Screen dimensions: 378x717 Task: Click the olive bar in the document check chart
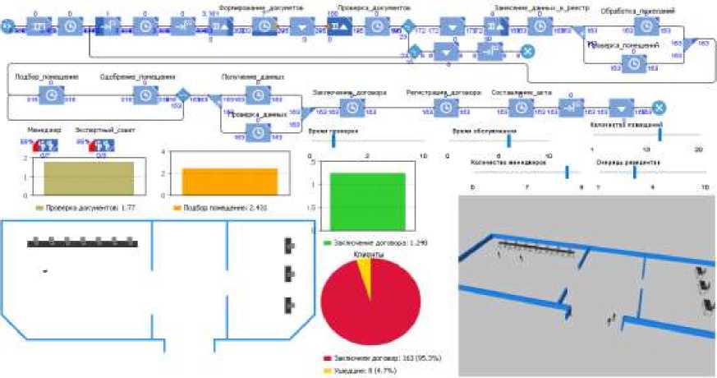tap(82, 176)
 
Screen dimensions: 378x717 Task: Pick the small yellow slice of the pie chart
tap(365, 270)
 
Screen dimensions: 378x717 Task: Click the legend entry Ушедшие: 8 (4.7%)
tap(366, 371)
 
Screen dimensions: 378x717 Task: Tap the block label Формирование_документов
tap(261, 7)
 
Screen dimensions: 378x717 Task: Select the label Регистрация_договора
tap(444, 93)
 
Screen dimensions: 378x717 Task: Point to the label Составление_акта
tap(522, 93)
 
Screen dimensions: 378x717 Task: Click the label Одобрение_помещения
tap(136, 77)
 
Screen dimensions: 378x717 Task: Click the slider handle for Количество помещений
tap(660, 136)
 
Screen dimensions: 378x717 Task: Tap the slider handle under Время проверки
tap(334, 141)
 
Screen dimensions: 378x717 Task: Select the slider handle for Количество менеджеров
tap(567, 171)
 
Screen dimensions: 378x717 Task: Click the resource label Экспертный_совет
tap(101, 130)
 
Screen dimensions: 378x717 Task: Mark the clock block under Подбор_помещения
tap(51, 95)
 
